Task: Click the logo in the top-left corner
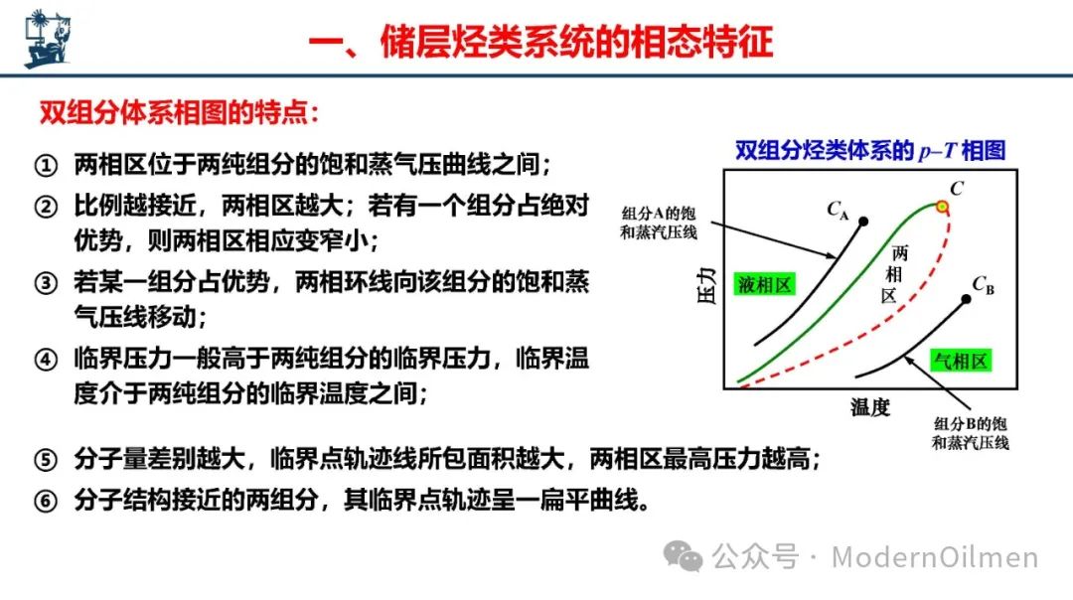click(x=48, y=39)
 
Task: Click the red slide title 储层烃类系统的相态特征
click(x=577, y=42)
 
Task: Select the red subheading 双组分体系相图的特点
click(x=179, y=112)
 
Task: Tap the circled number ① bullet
click(x=46, y=165)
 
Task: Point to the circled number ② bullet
click(x=46, y=206)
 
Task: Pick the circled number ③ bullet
click(x=46, y=282)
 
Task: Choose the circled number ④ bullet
click(x=46, y=360)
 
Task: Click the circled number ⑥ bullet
click(x=46, y=501)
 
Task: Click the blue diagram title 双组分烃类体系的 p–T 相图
click(x=870, y=150)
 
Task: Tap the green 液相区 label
click(x=764, y=284)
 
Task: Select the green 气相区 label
click(x=961, y=361)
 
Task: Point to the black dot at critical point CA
click(x=863, y=221)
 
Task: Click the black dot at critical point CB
click(x=967, y=299)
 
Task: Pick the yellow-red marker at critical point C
click(x=942, y=206)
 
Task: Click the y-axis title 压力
click(x=706, y=285)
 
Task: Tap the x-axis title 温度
click(x=869, y=407)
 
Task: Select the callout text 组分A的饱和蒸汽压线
click(x=659, y=224)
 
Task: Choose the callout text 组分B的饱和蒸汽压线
click(x=971, y=433)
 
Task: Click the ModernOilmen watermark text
click(x=935, y=557)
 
